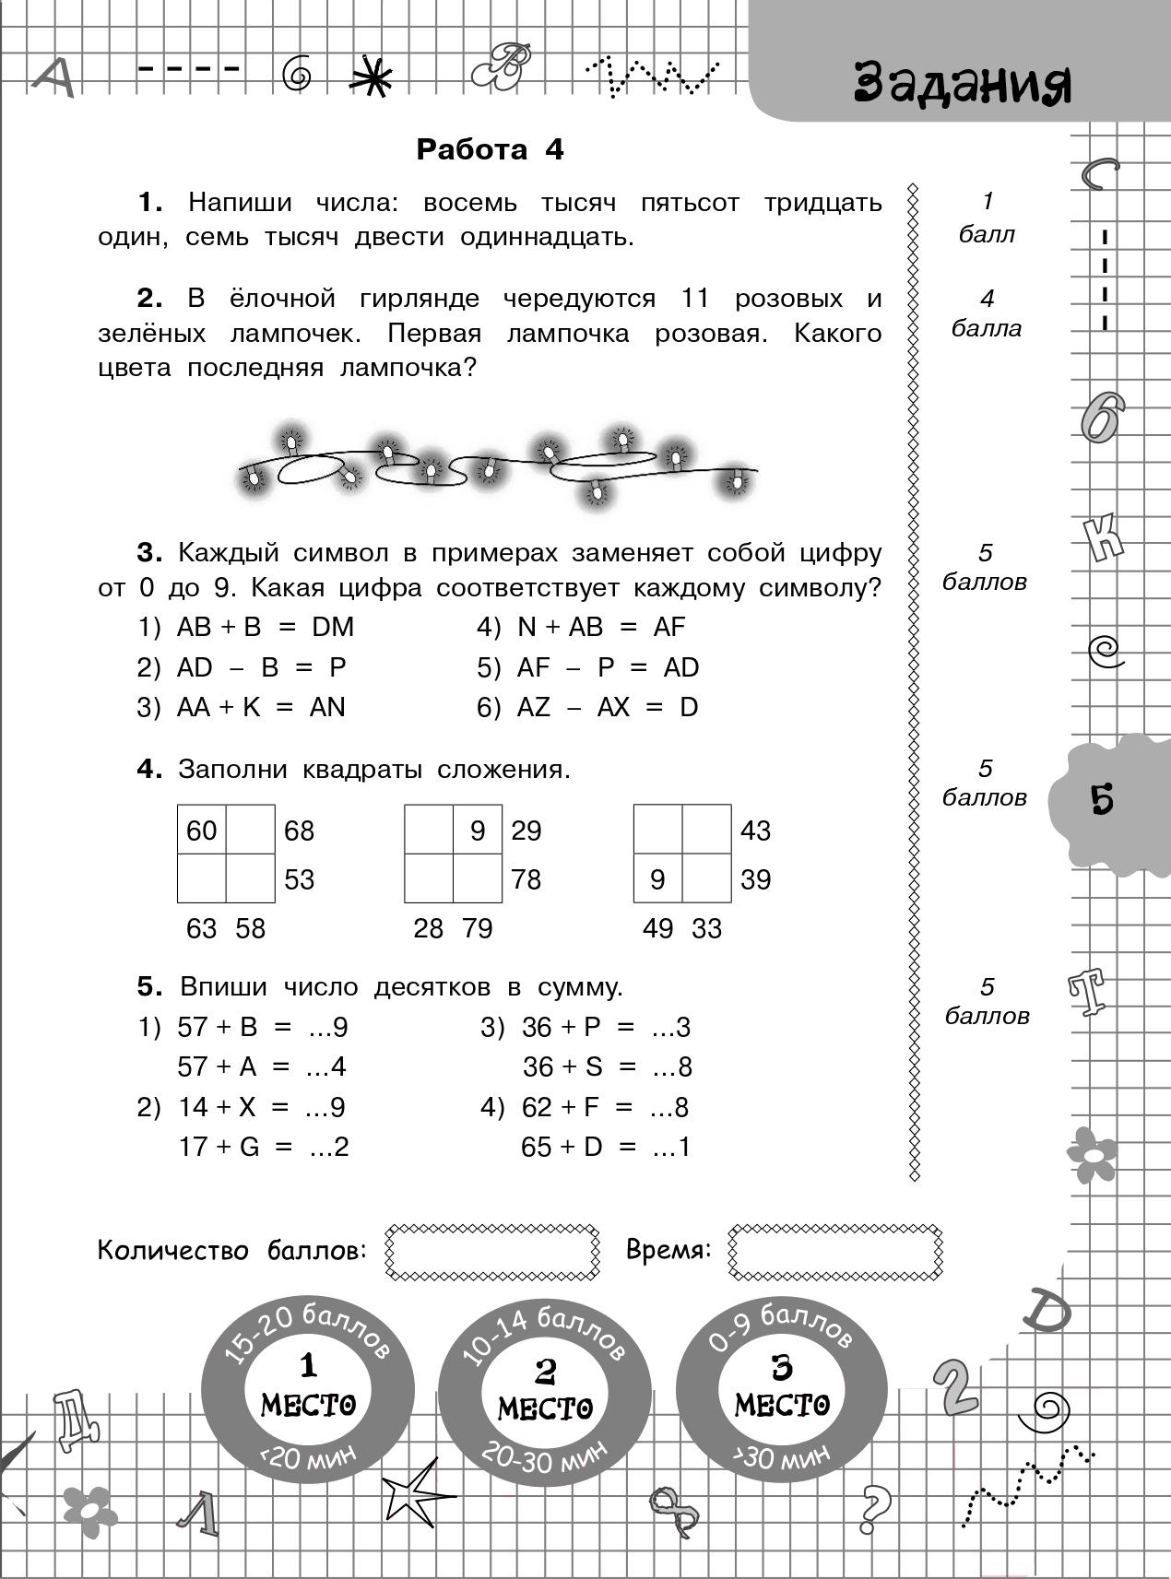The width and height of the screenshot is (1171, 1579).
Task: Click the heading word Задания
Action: coord(963,84)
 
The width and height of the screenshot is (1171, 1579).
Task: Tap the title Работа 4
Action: coord(490,149)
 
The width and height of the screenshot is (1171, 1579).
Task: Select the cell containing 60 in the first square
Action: coord(202,831)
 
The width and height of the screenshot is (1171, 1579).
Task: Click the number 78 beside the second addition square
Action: coord(526,879)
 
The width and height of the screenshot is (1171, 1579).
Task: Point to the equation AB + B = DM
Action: coord(265,627)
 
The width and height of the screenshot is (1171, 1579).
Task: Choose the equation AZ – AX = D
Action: coord(608,707)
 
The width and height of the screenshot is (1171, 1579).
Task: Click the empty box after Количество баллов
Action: coord(491,1252)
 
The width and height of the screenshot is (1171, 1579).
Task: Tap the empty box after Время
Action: coord(834,1252)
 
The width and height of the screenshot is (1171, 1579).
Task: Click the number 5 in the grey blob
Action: coord(1102,799)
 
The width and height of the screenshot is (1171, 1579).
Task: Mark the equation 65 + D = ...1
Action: coord(605,1147)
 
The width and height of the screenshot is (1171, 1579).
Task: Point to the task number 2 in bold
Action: coord(148,299)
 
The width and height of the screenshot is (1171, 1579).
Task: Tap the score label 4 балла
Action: coord(986,313)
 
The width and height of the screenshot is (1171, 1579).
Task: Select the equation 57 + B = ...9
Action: coord(262,1027)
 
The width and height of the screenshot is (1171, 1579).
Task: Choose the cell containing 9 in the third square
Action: coord(657,879)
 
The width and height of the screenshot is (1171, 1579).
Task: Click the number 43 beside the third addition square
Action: coord(755,831)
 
